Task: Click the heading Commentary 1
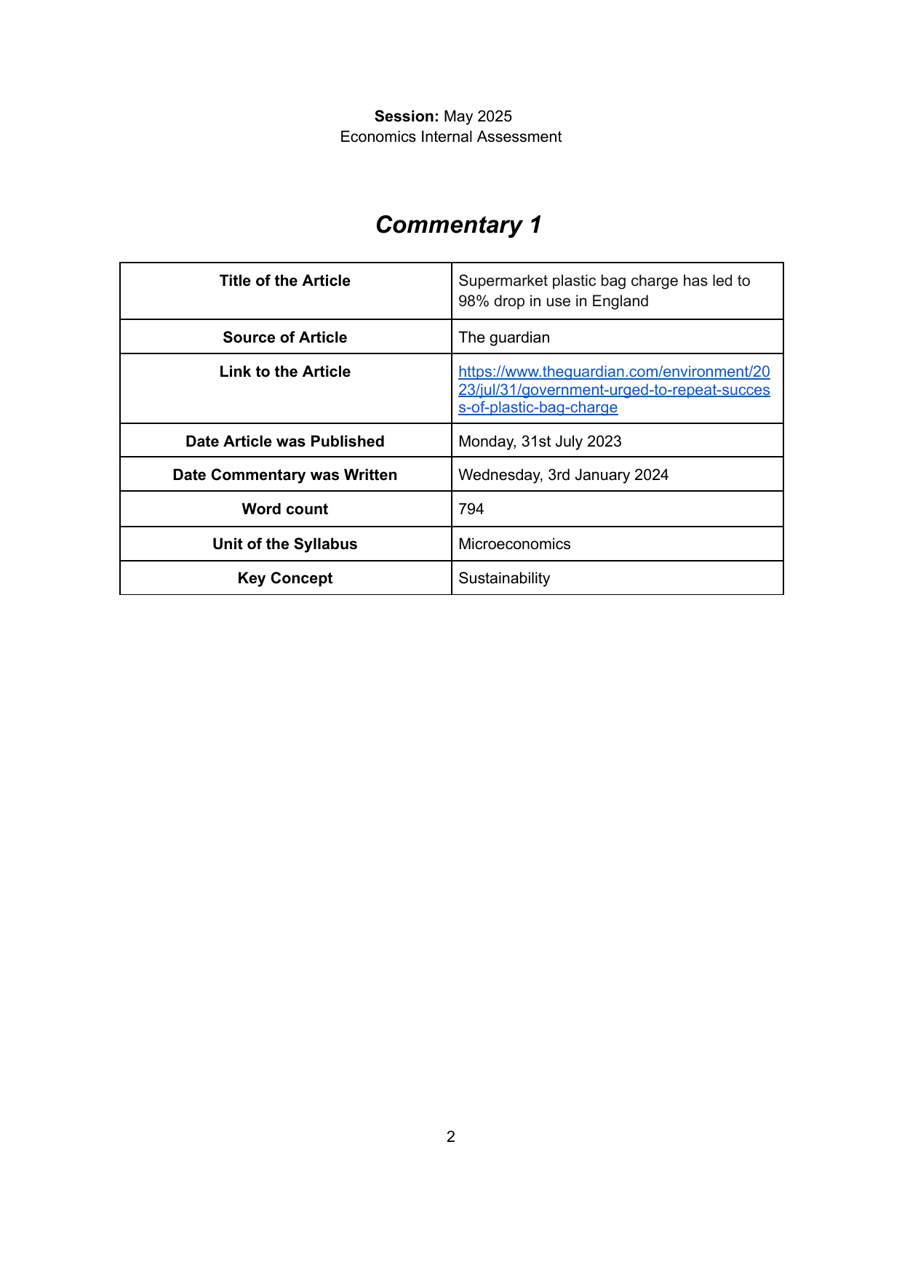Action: pyautogui.click(x=458, y=225)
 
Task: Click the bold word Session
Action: pyautogui.click(x=406, y=116)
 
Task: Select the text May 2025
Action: pyautogui.click(x=478, y=116)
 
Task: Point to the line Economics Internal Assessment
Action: pyautogui.click(x=451, y=137)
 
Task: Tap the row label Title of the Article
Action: pyautogui.click(x=285, y=281)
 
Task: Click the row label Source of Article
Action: pyautogui.click(x=285, y=337)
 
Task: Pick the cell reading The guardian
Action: pyautogui.click(x=504, y=337)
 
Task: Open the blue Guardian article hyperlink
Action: pyautogui.click(x=614, y=390)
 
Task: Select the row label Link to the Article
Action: pyautogui.click(x=285, y=372)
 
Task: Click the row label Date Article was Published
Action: pyautogui.click(x=285, y=441)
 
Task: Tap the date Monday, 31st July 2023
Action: pyautogui.click(x=540, y=441)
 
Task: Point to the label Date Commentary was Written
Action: pyautogui.click(x=285, y=475)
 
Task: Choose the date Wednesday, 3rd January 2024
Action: pyautogui.click(x=563, y=475)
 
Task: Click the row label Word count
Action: pyautogui.click(x=285, y=509)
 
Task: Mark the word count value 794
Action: pyautogui.click(x=471, y=509)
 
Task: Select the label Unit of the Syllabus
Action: pyautogui.click(x=285, y=544)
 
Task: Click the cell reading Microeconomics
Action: pyautogui.click(x=514, y=544)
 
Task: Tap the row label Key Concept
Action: pyautogui.click(x=285, y=578)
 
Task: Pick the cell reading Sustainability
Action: pyautogui.click(x=504, y=578)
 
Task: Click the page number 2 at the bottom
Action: pyautogui.click(x=451, y=1137)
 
